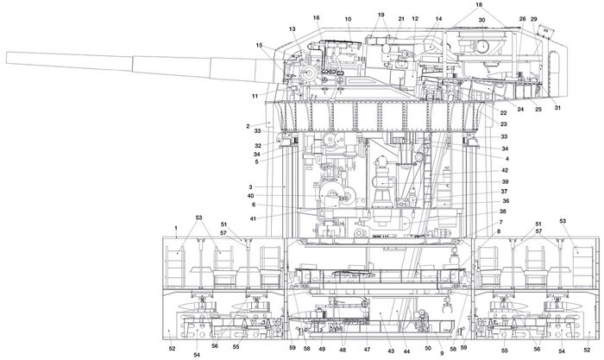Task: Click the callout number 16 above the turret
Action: (316, 17)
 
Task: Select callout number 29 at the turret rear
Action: (534, 18)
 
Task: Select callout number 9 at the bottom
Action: (442, 353)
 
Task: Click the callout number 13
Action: (293, 29)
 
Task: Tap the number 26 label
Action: (522, 18)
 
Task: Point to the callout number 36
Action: (506, 201)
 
